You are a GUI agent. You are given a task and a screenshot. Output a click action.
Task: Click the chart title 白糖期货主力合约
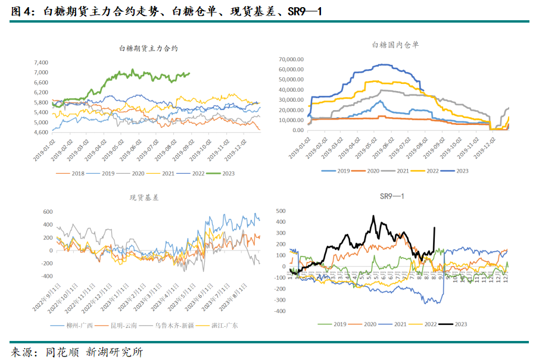click(148, 48)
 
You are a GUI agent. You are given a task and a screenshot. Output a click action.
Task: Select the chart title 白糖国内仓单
click(395, 45)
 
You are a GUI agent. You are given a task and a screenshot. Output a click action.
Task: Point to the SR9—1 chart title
click(392, 197)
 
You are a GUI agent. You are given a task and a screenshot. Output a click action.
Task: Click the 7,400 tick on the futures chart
click(40, 62)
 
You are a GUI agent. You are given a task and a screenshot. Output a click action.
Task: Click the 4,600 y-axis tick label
click(40, 132)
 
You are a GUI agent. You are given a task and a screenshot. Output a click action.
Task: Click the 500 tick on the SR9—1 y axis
click(281, 211)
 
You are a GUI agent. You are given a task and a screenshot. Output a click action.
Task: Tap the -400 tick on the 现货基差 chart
click(45, 277)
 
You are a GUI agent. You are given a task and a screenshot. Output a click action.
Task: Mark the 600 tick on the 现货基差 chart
click(46, 211)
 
